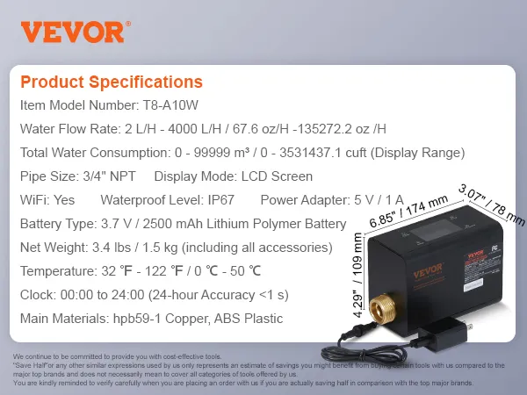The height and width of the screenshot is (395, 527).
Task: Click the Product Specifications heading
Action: point(111,83)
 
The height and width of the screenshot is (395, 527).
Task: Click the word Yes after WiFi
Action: point(64,199)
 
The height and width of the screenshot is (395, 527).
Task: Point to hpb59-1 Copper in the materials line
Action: point(173,318)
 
